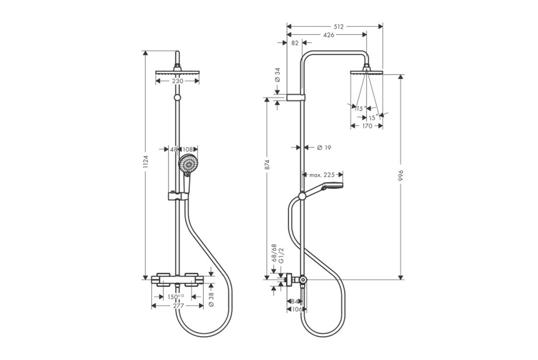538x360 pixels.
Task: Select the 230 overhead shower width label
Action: click(178, 81)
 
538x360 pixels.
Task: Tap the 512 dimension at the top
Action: click(339, 27)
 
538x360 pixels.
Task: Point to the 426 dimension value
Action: click(329, 35)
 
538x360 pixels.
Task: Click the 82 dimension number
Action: click(295, 43)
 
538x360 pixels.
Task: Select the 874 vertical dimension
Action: click(268, 164)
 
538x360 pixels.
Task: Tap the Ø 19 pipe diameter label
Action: click(324, 148)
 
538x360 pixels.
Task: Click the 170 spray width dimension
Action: click(367, 126)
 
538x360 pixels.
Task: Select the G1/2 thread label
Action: click(281, 256)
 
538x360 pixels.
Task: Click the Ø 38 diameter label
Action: click(211, 299)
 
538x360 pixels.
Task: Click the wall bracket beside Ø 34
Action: click(295, 97)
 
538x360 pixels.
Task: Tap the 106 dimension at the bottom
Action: click(297, 310)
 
